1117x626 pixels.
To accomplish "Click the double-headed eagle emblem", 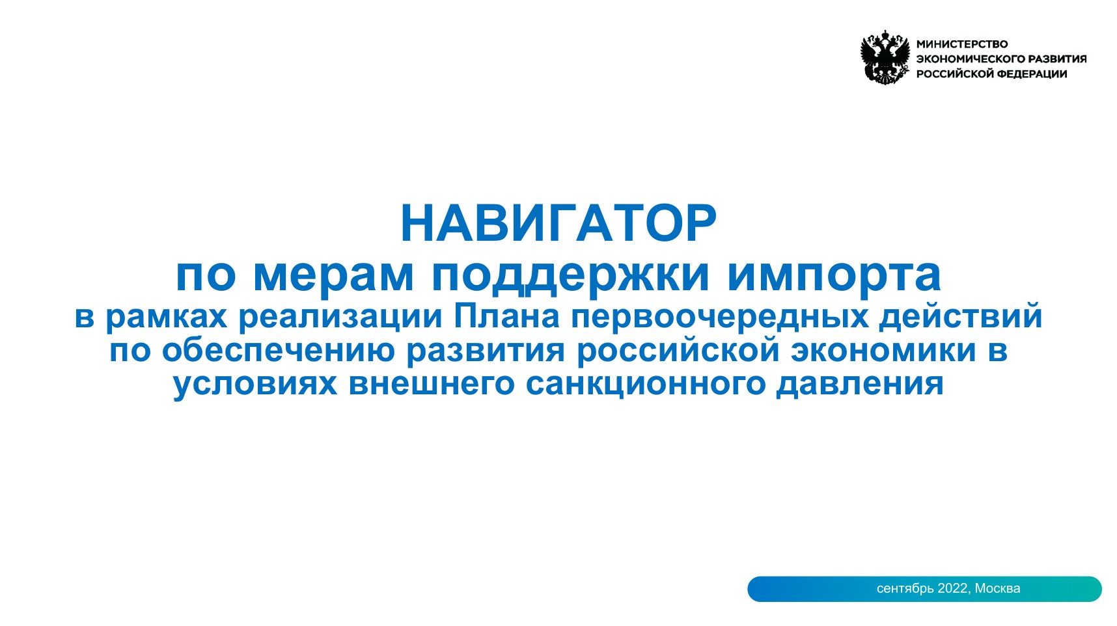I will tap(885, 58).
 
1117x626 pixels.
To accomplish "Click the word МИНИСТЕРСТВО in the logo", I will tap(961, 44).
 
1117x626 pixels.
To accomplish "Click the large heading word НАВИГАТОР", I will tap(558, 223).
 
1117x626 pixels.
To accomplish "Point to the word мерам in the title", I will tap(333, 275).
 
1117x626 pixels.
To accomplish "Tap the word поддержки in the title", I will tap(570, 275).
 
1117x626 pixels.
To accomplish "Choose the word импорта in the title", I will tap(834, 275).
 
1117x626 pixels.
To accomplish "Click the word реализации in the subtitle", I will tap(340, 317).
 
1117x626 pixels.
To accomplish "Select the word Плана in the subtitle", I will tap(506, 317).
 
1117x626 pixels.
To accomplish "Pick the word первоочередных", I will tap(719, 317).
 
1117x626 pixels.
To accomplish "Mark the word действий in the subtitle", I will tap(961, 317).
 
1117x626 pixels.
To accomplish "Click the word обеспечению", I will tap(279, 350).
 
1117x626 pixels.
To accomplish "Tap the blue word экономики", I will tap(883, 350).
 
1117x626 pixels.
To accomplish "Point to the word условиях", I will tap(255, 383).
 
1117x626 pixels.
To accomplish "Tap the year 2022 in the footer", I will tap(952, 588).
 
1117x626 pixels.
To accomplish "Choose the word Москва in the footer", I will tap(997, 588).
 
